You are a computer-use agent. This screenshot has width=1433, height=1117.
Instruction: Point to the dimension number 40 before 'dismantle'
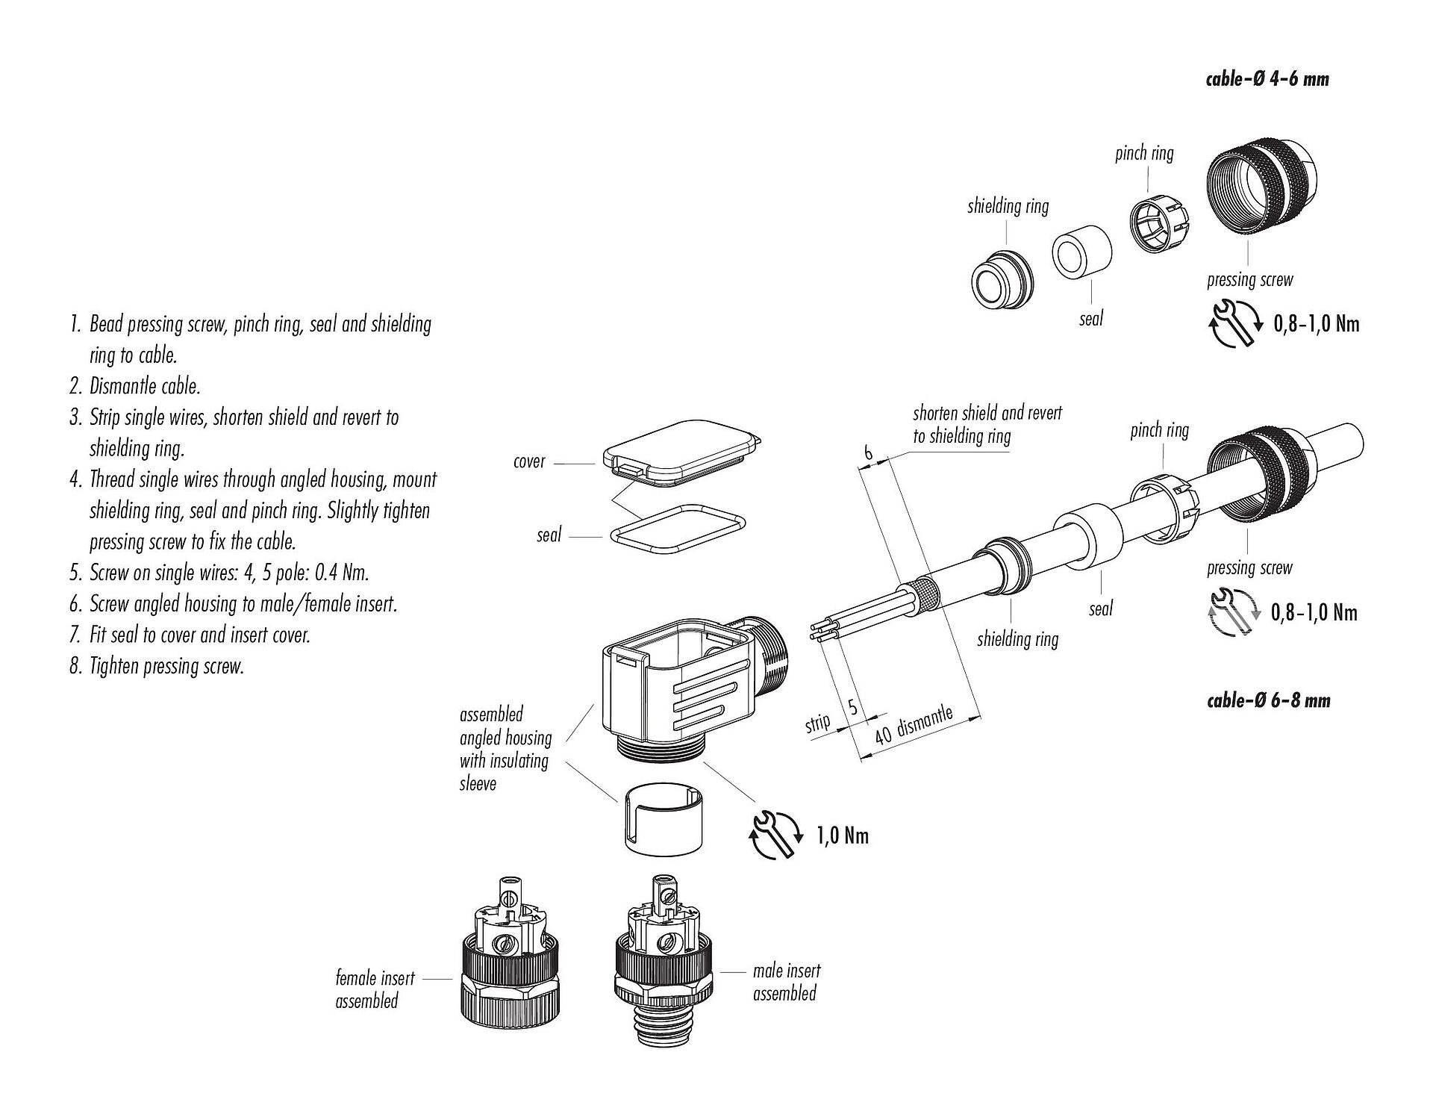pyautogui.click(x=883, y=735)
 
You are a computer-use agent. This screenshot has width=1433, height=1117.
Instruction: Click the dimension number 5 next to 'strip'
pyautogui.click(x=853, y=706)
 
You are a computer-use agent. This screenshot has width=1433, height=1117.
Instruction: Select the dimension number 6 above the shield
pyautogui.click(x=868, y=452)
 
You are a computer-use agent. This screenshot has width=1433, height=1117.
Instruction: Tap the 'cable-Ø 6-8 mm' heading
pyautogui.click(x=1268, y=700)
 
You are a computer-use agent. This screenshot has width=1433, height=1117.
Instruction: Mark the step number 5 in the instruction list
pyautogui.click(x=75, y=573)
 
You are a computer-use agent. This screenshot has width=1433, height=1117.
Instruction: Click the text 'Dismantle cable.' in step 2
pyautogui.click(x=145, y=387)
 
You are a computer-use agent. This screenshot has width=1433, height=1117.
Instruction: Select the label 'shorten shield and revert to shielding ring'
pyautogui.click(x=987, y=424)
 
